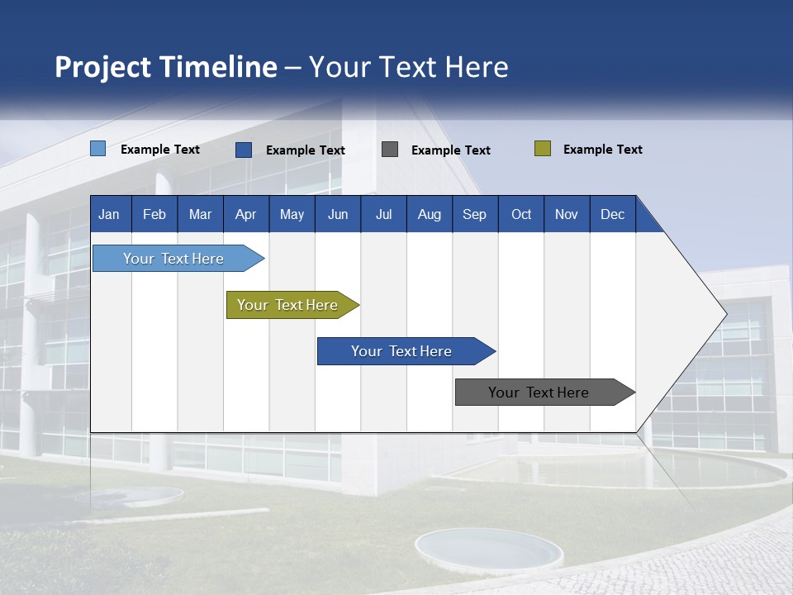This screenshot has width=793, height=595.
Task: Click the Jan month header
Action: click(x=109, y=214)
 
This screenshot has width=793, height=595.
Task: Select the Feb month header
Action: click(x=154, y=214)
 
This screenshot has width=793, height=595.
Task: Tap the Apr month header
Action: click(x=245, y=214)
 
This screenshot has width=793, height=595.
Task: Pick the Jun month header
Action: click(x=338, y=214)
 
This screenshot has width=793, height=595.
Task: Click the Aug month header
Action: click(x=429, y=214)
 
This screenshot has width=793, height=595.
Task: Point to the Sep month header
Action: click(x=474, y=214)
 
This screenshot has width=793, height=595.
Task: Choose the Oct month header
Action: click(x=521, y=214)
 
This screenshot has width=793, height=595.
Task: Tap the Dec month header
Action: click(x=612, y=214)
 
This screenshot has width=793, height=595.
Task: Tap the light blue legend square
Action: click(x=98, y=149)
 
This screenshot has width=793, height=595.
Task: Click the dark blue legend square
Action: click(x=244, y=150)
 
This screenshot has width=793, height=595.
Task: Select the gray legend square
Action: click(x=390, y=150)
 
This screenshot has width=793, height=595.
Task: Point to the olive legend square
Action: click(x=543, y=149)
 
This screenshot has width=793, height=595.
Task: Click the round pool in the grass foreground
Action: click(x=488, y=549)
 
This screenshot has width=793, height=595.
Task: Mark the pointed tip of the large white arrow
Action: click(x=726, y=314)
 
